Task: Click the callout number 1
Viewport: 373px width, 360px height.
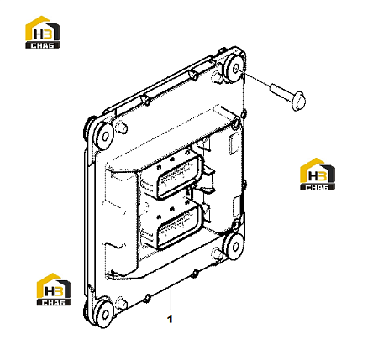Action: pos(170,319)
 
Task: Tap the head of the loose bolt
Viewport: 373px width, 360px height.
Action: pos(298,100)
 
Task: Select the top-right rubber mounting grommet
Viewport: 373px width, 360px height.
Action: pos(235,68)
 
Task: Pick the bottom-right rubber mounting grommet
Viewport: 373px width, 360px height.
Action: pos(234,246)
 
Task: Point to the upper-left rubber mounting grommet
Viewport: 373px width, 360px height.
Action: pos(104,136)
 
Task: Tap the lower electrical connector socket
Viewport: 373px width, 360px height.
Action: pos(179,228)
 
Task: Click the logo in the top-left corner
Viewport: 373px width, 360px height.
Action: pos(43,32)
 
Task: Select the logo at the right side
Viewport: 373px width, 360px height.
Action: pos(318,175)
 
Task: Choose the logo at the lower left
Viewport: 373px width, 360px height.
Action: pos(54,290)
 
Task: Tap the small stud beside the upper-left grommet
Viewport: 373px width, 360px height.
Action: pos(122,128)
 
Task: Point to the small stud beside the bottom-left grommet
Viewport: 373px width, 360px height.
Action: pos(122,302)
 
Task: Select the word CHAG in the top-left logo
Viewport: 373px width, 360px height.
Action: pos(43,45)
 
